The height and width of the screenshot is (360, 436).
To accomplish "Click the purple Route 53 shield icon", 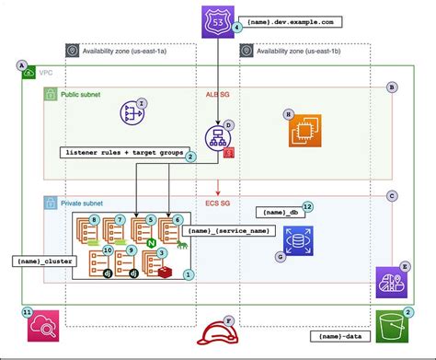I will click(x=218, y=19).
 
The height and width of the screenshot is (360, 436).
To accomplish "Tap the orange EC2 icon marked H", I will click(x=301, y=131).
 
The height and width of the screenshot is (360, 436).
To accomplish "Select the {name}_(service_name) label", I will click(x=224, y=230).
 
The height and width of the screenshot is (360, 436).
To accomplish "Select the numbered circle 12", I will click(x=308, y=207).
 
